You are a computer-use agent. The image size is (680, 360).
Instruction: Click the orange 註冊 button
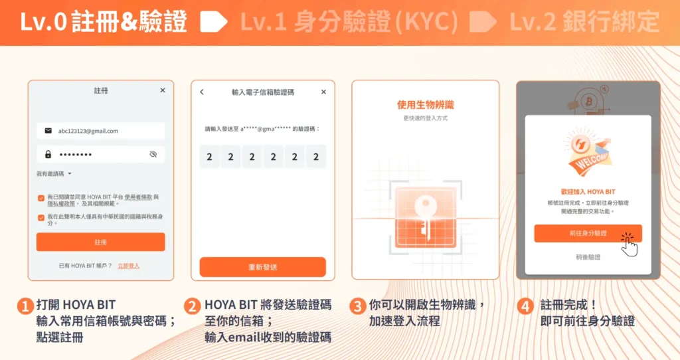point(100,242)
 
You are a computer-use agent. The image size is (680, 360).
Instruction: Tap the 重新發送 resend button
point(262,266)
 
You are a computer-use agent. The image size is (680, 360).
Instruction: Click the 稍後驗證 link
point(588,256)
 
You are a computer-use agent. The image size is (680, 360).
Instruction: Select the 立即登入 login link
point(128,266)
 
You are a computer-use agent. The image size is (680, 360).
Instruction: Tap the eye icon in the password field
point(153,154)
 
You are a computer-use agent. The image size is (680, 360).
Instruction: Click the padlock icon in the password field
point(48,154)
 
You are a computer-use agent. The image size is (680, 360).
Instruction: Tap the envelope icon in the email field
point(48,131)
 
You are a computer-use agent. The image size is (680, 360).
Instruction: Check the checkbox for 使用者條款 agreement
point(41,197)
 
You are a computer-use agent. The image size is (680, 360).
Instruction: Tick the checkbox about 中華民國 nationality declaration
point(41,217)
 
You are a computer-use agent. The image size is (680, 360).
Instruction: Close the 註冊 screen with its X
point(163,90)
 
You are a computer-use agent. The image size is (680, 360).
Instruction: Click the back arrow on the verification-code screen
point(202,92)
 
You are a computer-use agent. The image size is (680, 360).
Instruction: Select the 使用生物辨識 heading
point(425,105)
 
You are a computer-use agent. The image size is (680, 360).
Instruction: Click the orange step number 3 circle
point(357,306)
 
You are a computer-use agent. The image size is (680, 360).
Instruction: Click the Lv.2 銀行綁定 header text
point(584,23)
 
